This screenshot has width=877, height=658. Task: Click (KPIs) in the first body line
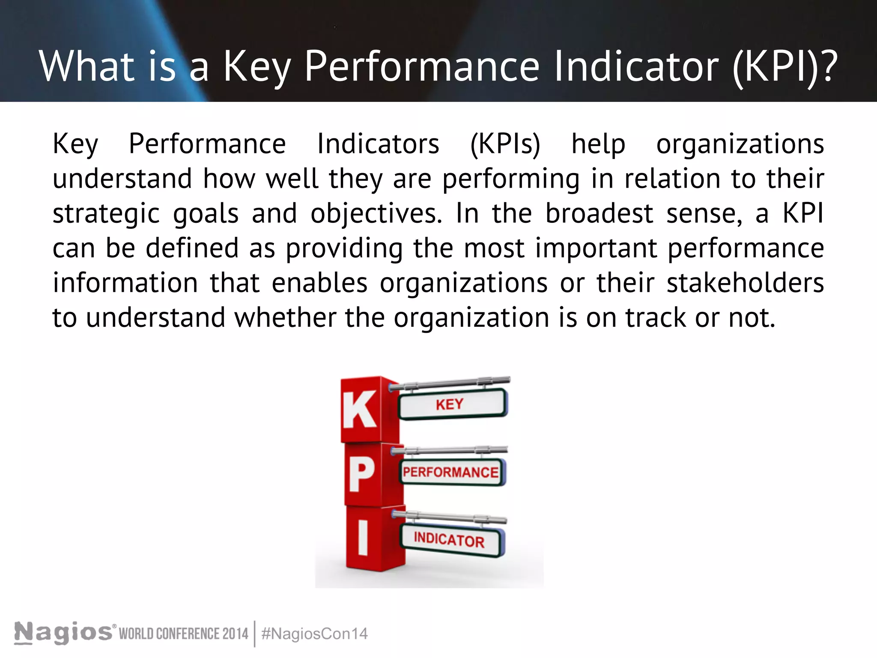pos(505,144)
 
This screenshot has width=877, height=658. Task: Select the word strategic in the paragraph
pos(106,214)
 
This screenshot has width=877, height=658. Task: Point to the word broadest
pos(599,213)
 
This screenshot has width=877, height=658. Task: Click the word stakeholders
pos(745,283)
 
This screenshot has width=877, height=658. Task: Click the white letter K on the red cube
pos(360,410)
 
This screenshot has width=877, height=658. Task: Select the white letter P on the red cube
pos(362,474)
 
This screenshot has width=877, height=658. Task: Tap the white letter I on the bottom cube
pos(363,538)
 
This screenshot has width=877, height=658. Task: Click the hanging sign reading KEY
pos(452,404)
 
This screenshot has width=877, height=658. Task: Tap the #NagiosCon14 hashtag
pos(314,634)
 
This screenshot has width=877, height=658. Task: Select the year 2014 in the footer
pos(235,634)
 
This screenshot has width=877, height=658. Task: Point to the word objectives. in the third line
pos(376,213)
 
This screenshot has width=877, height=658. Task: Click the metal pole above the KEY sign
pos(450,383)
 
